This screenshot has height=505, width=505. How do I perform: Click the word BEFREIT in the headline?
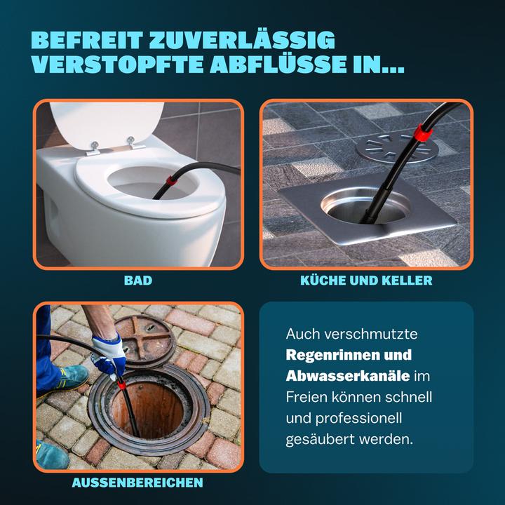(x=83, y=41)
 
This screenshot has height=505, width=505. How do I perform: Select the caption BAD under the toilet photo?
(x=138, y=281)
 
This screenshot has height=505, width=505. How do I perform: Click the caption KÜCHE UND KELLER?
(x=365, y=281)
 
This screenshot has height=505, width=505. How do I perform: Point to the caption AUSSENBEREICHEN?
(x=138, y=483)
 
